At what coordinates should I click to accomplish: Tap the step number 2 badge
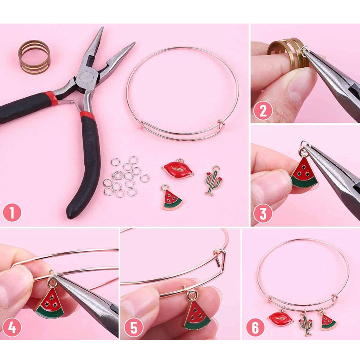click(263, 111)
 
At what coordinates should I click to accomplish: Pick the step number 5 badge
click(134, 317)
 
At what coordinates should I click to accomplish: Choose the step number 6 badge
click(255, 317)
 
